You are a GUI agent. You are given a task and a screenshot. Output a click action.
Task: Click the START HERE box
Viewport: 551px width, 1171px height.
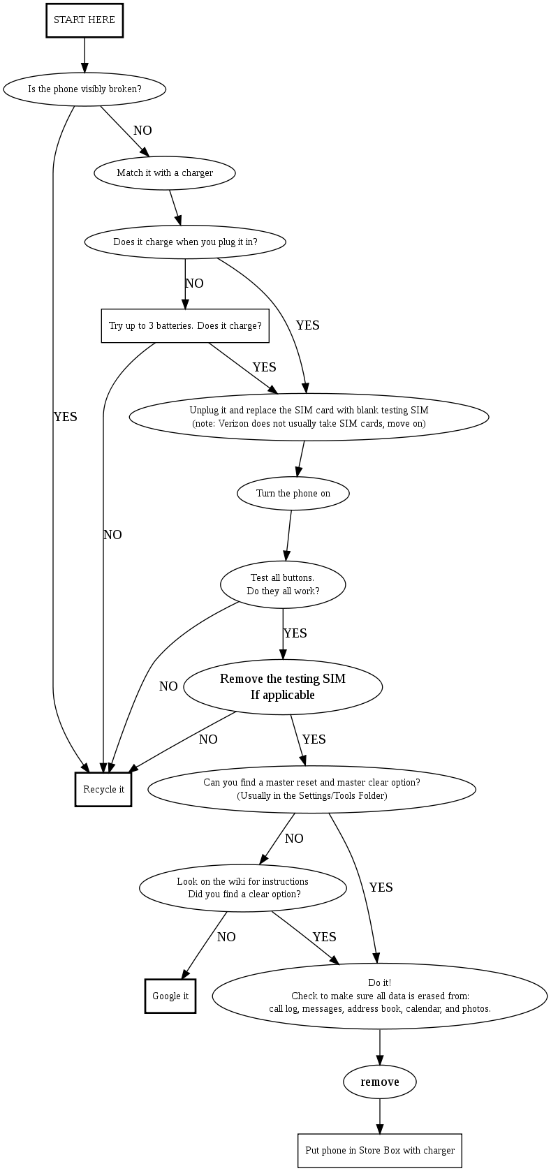click(x=85, y=20)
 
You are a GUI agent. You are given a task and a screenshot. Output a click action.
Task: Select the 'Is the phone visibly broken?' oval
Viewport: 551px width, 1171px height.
click(x=85, y=89)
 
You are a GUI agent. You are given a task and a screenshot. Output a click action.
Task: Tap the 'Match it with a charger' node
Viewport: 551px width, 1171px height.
click(x=165, y=173)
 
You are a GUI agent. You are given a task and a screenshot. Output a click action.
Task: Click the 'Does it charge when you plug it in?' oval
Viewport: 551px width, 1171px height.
click(x=185, y=242)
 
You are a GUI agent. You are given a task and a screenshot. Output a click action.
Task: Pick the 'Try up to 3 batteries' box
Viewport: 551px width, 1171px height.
click(x=185, y=326)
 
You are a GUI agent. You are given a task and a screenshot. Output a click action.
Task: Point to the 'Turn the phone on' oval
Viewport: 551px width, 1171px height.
click(x=293, y=494)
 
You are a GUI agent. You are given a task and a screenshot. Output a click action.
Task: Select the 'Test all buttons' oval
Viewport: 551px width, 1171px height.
click(x=283, y=584)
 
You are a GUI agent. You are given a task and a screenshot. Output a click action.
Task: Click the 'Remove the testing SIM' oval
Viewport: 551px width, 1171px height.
click(x=283, y=687)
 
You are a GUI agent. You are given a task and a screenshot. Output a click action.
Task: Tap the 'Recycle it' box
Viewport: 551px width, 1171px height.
click(x=103, y=790)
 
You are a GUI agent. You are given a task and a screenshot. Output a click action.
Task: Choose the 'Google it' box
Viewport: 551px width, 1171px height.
click(x=170, y=996)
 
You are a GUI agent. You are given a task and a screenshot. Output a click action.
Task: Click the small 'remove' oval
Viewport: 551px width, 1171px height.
click(x=380, y=1082)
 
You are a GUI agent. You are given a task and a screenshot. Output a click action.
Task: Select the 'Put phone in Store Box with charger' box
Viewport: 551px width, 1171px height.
click(x=380, y=1151)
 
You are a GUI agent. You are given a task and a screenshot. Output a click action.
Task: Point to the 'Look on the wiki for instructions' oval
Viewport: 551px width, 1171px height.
click(x=243, y=888)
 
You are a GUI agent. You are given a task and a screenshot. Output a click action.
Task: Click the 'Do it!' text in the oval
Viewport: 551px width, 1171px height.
click(x=380, y=983)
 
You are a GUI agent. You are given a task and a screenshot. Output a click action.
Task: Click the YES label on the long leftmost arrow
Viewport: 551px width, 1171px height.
click(x=66, y=417)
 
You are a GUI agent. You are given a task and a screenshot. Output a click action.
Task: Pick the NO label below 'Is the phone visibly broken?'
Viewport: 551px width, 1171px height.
click(x=142, y=131)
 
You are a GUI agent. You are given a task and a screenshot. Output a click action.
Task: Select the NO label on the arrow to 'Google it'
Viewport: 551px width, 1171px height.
click(x=226, y=937)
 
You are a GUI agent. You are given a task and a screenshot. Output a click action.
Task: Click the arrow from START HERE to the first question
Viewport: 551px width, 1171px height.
click(x=85, y=54)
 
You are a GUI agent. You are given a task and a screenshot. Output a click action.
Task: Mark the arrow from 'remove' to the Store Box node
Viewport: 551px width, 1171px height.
click(x=380, y=1117)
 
